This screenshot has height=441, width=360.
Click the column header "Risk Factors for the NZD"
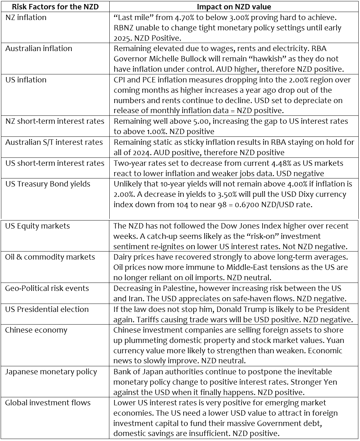[x=55, y=7]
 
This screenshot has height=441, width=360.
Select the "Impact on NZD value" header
[x=234, y=7]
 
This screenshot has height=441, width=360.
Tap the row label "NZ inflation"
[x=26, y=17]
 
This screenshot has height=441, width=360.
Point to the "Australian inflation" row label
[x=39, y=48]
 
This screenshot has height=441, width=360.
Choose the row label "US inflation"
[x=26, y=80]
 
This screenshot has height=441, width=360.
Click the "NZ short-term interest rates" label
[x=55, y=121]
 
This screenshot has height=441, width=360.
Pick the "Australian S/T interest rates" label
[x=54, y=142]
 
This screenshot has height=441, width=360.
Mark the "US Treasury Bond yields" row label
[x=48, y=184]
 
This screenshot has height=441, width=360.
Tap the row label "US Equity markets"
[x=37, y=226]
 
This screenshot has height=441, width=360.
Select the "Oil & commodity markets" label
[x=50, y=257]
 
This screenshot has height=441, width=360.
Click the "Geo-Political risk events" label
[x=47, y=288]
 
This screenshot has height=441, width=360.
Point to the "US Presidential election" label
[x=47, y=309]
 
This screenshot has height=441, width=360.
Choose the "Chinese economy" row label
[x=36, y=330]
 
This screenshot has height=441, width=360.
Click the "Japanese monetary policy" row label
[x=51, y=372]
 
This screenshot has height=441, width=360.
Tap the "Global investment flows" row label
[x=48, y=403]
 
